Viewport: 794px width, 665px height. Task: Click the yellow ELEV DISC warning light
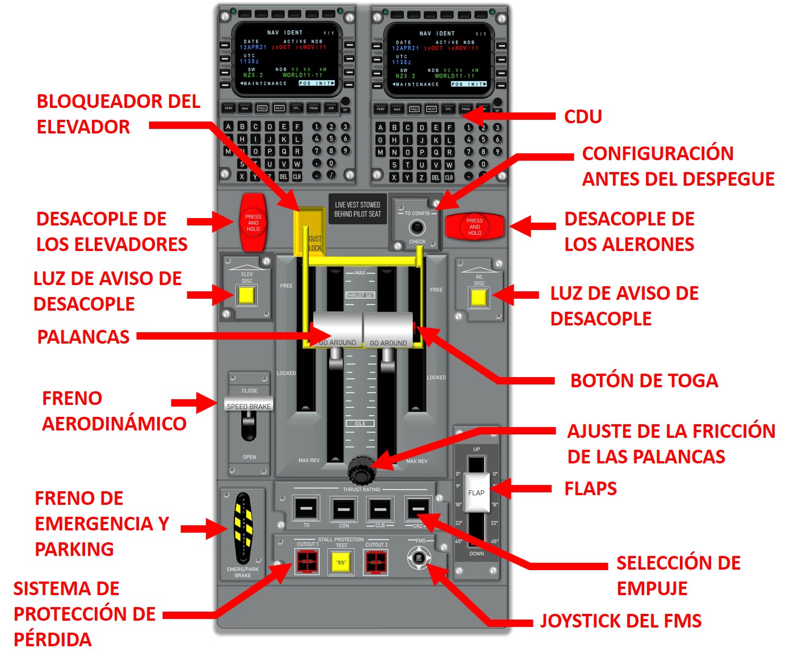point(246,295)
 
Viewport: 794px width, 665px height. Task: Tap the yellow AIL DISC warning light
point(478,298)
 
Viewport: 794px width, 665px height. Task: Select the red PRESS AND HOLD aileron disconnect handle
point(474,227)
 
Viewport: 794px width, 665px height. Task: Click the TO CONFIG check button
point(417,228)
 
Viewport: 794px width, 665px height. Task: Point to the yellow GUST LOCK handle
point(309,233)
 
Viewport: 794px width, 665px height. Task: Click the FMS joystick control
point(419,558)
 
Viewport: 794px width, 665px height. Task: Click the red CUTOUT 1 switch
point(307,563)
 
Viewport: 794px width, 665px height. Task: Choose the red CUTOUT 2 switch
point(376,563)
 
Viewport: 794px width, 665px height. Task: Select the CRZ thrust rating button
point(418,508)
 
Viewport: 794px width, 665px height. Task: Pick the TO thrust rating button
point(306,508)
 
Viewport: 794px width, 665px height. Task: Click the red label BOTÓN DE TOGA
point(644,380)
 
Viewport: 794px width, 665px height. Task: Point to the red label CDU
point(582,116)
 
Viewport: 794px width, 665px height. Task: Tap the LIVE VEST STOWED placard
point(357,209)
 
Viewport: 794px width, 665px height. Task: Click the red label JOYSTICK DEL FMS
point(620,621)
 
